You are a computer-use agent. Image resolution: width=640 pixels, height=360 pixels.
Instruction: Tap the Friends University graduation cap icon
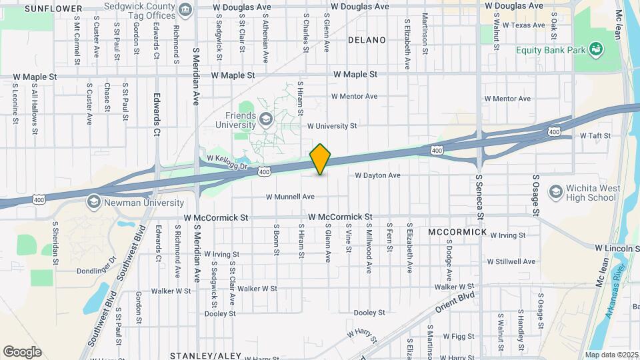267,119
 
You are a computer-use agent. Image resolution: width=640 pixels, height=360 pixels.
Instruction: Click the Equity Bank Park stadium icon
597,49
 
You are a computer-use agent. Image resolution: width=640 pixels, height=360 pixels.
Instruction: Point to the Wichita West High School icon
555,193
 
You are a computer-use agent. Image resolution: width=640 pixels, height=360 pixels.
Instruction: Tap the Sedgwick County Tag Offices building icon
185,9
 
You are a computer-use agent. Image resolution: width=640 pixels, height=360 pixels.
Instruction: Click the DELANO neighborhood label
367,40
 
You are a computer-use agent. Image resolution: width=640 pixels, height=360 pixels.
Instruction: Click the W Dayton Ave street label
377,175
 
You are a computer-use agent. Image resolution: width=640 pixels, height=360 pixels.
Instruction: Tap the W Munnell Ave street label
290,197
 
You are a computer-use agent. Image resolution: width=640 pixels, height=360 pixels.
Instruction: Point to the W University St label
332,125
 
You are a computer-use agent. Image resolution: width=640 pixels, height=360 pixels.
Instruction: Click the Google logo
22,352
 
